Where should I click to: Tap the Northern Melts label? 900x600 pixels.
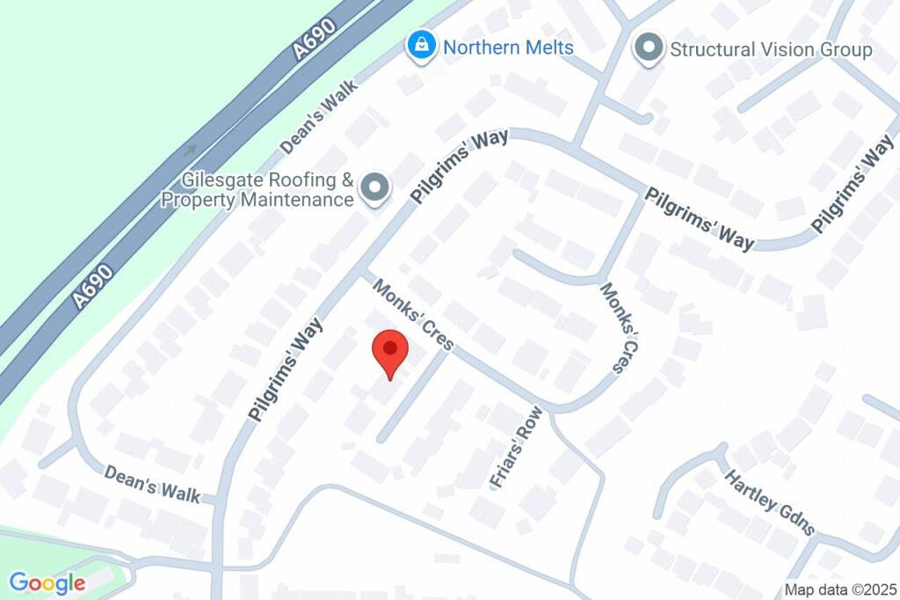pyautogui.click(x=508, y=47)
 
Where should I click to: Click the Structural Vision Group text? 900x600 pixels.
pyautogui.click(x=771, y=49)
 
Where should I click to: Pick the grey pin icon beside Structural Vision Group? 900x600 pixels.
pyautogui.click(x=649, y=48)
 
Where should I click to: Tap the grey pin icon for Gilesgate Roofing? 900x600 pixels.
pyautogui.click(x=376, y=187)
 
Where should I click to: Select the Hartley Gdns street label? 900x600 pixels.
pyautogui.click(x=770, y=502)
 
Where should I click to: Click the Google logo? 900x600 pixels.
pyautogui.click(x=47, y=582)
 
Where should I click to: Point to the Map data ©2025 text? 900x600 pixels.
pyautogui.click(x=840, y=589)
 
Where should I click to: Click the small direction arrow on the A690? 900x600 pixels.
pyautogui.click(x=190, y=150)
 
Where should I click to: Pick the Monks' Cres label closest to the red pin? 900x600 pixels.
pyautogui.click(x=411, y=314)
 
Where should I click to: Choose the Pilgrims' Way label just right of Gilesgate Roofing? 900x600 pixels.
pyautogui.click(x=461, y=166)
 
